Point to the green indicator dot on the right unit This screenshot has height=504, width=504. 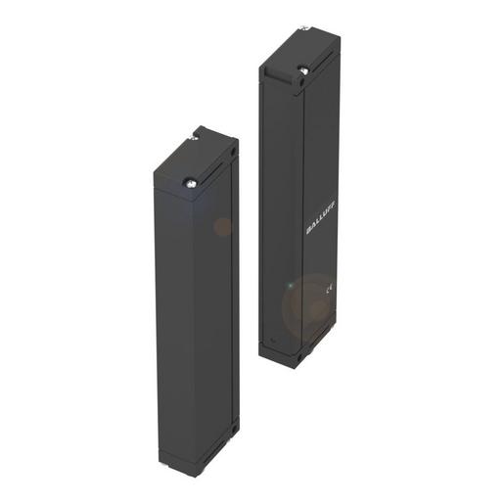coord(289,286)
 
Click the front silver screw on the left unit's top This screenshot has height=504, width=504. coord(190,179)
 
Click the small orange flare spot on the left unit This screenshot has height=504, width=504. coord(222,227)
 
